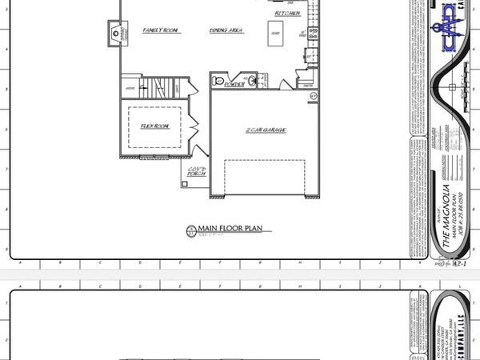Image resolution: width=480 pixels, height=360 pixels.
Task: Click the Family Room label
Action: (160, 30)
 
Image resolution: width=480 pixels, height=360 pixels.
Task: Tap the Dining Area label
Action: (226, 30)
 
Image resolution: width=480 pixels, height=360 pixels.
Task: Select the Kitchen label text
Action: (287, 14)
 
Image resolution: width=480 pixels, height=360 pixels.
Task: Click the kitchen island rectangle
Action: (274, 33)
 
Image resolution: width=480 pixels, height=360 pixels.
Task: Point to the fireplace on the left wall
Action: (112, 33)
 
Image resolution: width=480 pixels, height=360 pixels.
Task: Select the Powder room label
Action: (234, 84)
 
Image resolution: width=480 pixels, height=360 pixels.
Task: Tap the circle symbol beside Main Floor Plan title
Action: (190, 231)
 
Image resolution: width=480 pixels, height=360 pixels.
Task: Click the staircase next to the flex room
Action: (160, 86)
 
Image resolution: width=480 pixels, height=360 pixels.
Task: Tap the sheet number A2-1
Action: (459, 261)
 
